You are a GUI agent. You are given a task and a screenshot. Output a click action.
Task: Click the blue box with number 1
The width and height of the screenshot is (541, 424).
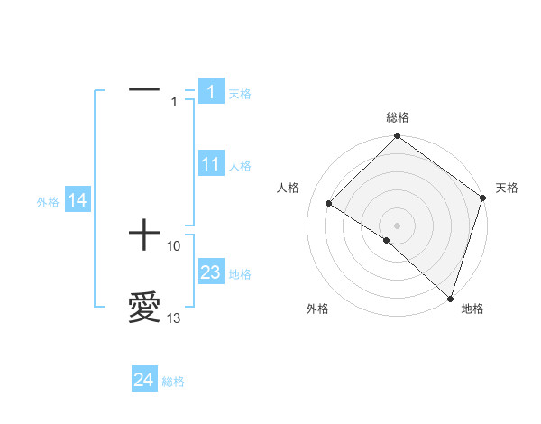point(211,92)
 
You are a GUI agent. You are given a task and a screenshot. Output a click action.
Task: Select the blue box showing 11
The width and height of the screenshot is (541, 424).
point(211,164)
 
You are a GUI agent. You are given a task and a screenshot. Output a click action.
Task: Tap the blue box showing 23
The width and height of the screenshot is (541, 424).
point(211,272)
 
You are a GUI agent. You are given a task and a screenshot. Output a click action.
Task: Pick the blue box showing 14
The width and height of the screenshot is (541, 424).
point(78,200)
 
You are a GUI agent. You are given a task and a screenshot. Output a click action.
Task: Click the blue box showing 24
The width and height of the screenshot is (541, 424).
point(144,381)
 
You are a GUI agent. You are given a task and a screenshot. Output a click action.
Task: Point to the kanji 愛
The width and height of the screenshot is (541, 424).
point(144,308)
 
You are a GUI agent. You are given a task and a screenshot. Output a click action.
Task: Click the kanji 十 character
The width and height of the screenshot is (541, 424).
point(144,236)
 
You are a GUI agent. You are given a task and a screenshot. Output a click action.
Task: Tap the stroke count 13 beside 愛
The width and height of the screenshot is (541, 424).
point(174,318)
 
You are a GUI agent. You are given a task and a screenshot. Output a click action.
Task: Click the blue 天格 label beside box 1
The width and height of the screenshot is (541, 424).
point(239,94)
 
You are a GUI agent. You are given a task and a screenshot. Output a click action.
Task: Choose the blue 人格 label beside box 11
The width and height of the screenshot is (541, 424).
point(239,166)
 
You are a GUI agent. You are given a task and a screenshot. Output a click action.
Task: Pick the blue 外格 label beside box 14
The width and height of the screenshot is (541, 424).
point(48,202)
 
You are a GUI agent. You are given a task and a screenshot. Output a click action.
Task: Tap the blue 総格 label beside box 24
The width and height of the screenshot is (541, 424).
point(173,383)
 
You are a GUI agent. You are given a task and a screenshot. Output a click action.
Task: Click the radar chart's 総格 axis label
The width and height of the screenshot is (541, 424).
point(398,117)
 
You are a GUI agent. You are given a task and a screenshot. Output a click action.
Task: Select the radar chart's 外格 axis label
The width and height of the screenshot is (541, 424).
point(316,309)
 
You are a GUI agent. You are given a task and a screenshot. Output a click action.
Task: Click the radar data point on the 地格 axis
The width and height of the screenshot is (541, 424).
point(448,297)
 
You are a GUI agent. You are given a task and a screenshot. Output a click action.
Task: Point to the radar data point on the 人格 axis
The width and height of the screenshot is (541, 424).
point(329,203)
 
